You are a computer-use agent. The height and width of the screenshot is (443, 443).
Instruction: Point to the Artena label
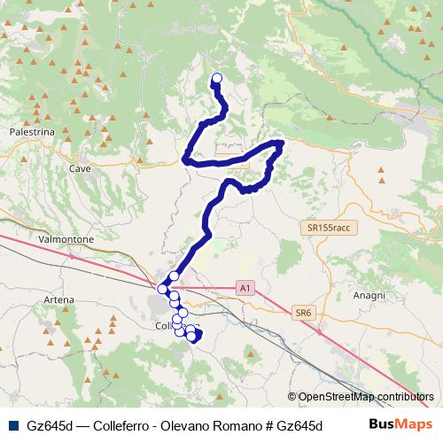point(58,299)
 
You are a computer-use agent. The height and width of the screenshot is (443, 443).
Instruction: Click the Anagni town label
point(369,295)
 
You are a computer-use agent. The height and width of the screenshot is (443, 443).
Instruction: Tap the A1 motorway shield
point(245,287)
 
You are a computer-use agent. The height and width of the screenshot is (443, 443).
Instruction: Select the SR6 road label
point(304,312)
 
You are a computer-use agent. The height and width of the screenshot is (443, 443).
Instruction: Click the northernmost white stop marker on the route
point(217,78)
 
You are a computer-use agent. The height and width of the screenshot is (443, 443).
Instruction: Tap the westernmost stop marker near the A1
point(162,288)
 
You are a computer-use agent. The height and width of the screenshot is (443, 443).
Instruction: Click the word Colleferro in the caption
point(116,425)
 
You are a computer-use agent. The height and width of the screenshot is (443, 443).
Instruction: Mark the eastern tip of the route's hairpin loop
point(281,143)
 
